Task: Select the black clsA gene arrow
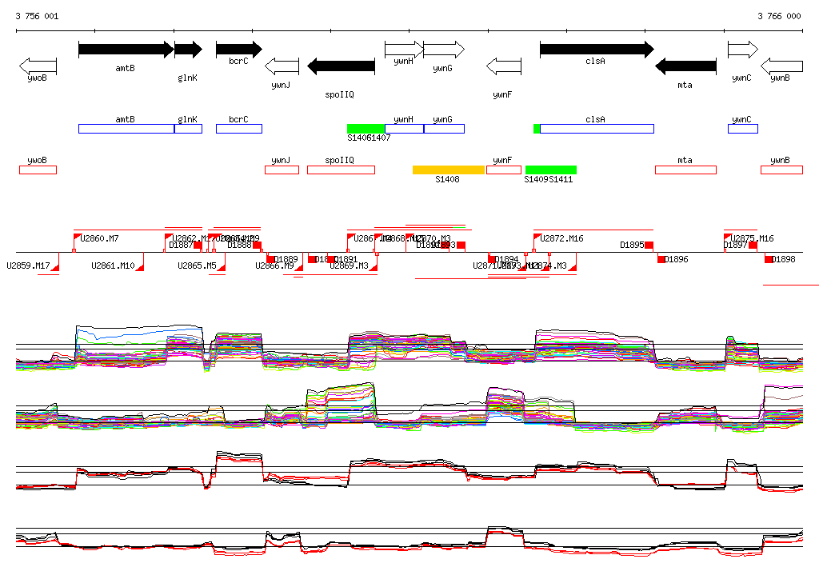(596, 50)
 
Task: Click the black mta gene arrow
(685, 66)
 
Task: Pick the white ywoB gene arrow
(38, 66)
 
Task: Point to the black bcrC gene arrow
(238, 50)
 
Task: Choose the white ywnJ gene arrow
(282, 66)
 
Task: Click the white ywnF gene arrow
(504, 66)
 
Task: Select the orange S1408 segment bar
(449, 170)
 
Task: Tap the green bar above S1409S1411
(551, 170)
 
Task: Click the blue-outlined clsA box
(597, 129)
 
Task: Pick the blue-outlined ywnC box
(742, 129)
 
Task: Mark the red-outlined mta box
(685, 170)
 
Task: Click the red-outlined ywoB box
(38, 170)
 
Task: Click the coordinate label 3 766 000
(779, 16)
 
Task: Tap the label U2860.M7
(99, 238)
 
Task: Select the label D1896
(677, 259)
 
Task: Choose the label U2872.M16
(561, 238)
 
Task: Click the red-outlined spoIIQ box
(341, 170)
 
